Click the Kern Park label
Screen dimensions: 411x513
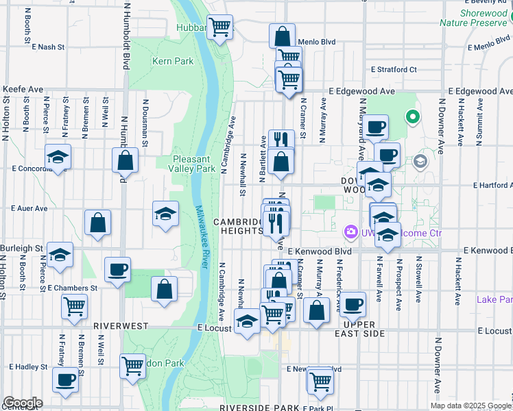[172, 62]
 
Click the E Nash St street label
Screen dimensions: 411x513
[47, 47]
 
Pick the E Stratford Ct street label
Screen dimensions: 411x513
[394, 69]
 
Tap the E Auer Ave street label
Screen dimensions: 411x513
[29, 208]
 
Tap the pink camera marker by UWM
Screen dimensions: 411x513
[351, 232]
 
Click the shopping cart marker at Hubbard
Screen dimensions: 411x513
[219, 28]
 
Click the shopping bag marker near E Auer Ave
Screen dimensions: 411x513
[98, 223]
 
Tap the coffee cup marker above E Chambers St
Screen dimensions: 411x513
[117, 270]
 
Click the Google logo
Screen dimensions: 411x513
[23, 403]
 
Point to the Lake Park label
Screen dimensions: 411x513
[494, 299]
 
